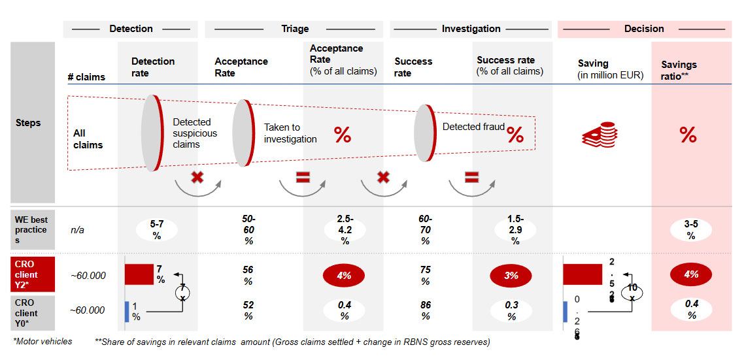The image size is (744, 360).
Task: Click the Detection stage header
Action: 131,29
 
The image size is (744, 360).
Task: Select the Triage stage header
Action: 295,29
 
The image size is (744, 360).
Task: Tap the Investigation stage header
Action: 471,29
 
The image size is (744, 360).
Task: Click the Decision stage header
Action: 644,29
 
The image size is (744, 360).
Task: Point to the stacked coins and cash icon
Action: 598,135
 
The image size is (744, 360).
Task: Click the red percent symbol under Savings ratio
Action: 688,135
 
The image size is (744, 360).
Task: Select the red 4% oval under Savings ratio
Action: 691,274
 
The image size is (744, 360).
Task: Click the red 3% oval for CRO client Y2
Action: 511,276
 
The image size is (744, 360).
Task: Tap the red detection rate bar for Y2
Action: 139,274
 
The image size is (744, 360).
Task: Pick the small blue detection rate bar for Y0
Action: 127,311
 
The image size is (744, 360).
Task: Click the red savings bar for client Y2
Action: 582,274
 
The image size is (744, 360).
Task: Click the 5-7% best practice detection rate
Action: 157,230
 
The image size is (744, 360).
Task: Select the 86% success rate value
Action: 426,310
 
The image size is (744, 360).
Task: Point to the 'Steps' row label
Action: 28,123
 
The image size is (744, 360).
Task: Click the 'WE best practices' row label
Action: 31,230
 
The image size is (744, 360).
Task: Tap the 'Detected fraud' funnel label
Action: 473,127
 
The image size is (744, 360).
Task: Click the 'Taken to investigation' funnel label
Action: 290,133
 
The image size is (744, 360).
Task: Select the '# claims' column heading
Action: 86,76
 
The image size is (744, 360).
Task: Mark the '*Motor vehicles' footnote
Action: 42,341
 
